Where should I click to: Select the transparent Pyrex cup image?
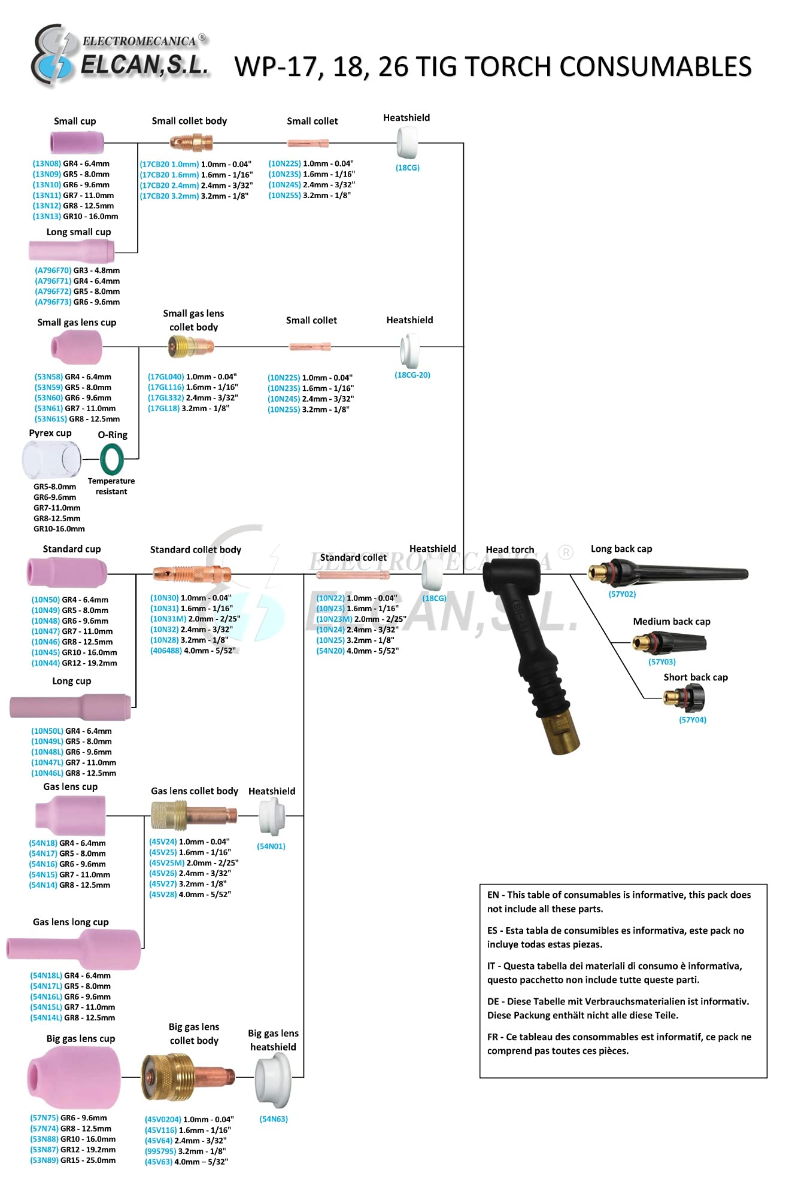[x=51, y=459]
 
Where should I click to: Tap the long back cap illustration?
[x=667, y=573]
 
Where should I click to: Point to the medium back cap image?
[x=669, y=644]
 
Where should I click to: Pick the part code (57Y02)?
[x=622, y=594]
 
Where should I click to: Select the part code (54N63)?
[x=274, y=1119]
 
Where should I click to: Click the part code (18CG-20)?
[x=412, y=375]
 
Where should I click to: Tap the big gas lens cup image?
[x=74, y=1077]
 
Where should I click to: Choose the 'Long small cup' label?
[x=78, y=232]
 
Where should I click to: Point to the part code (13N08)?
[x=47, y=163]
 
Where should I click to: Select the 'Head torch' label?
[x=509, y=549]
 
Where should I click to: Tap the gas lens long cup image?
[x=74, y=949]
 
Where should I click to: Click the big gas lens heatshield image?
[x=273, y=1080]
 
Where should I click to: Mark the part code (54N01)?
[x=271, y=846]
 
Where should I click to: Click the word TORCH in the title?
[x=485, y=66]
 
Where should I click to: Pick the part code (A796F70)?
[x=53, y=271]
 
